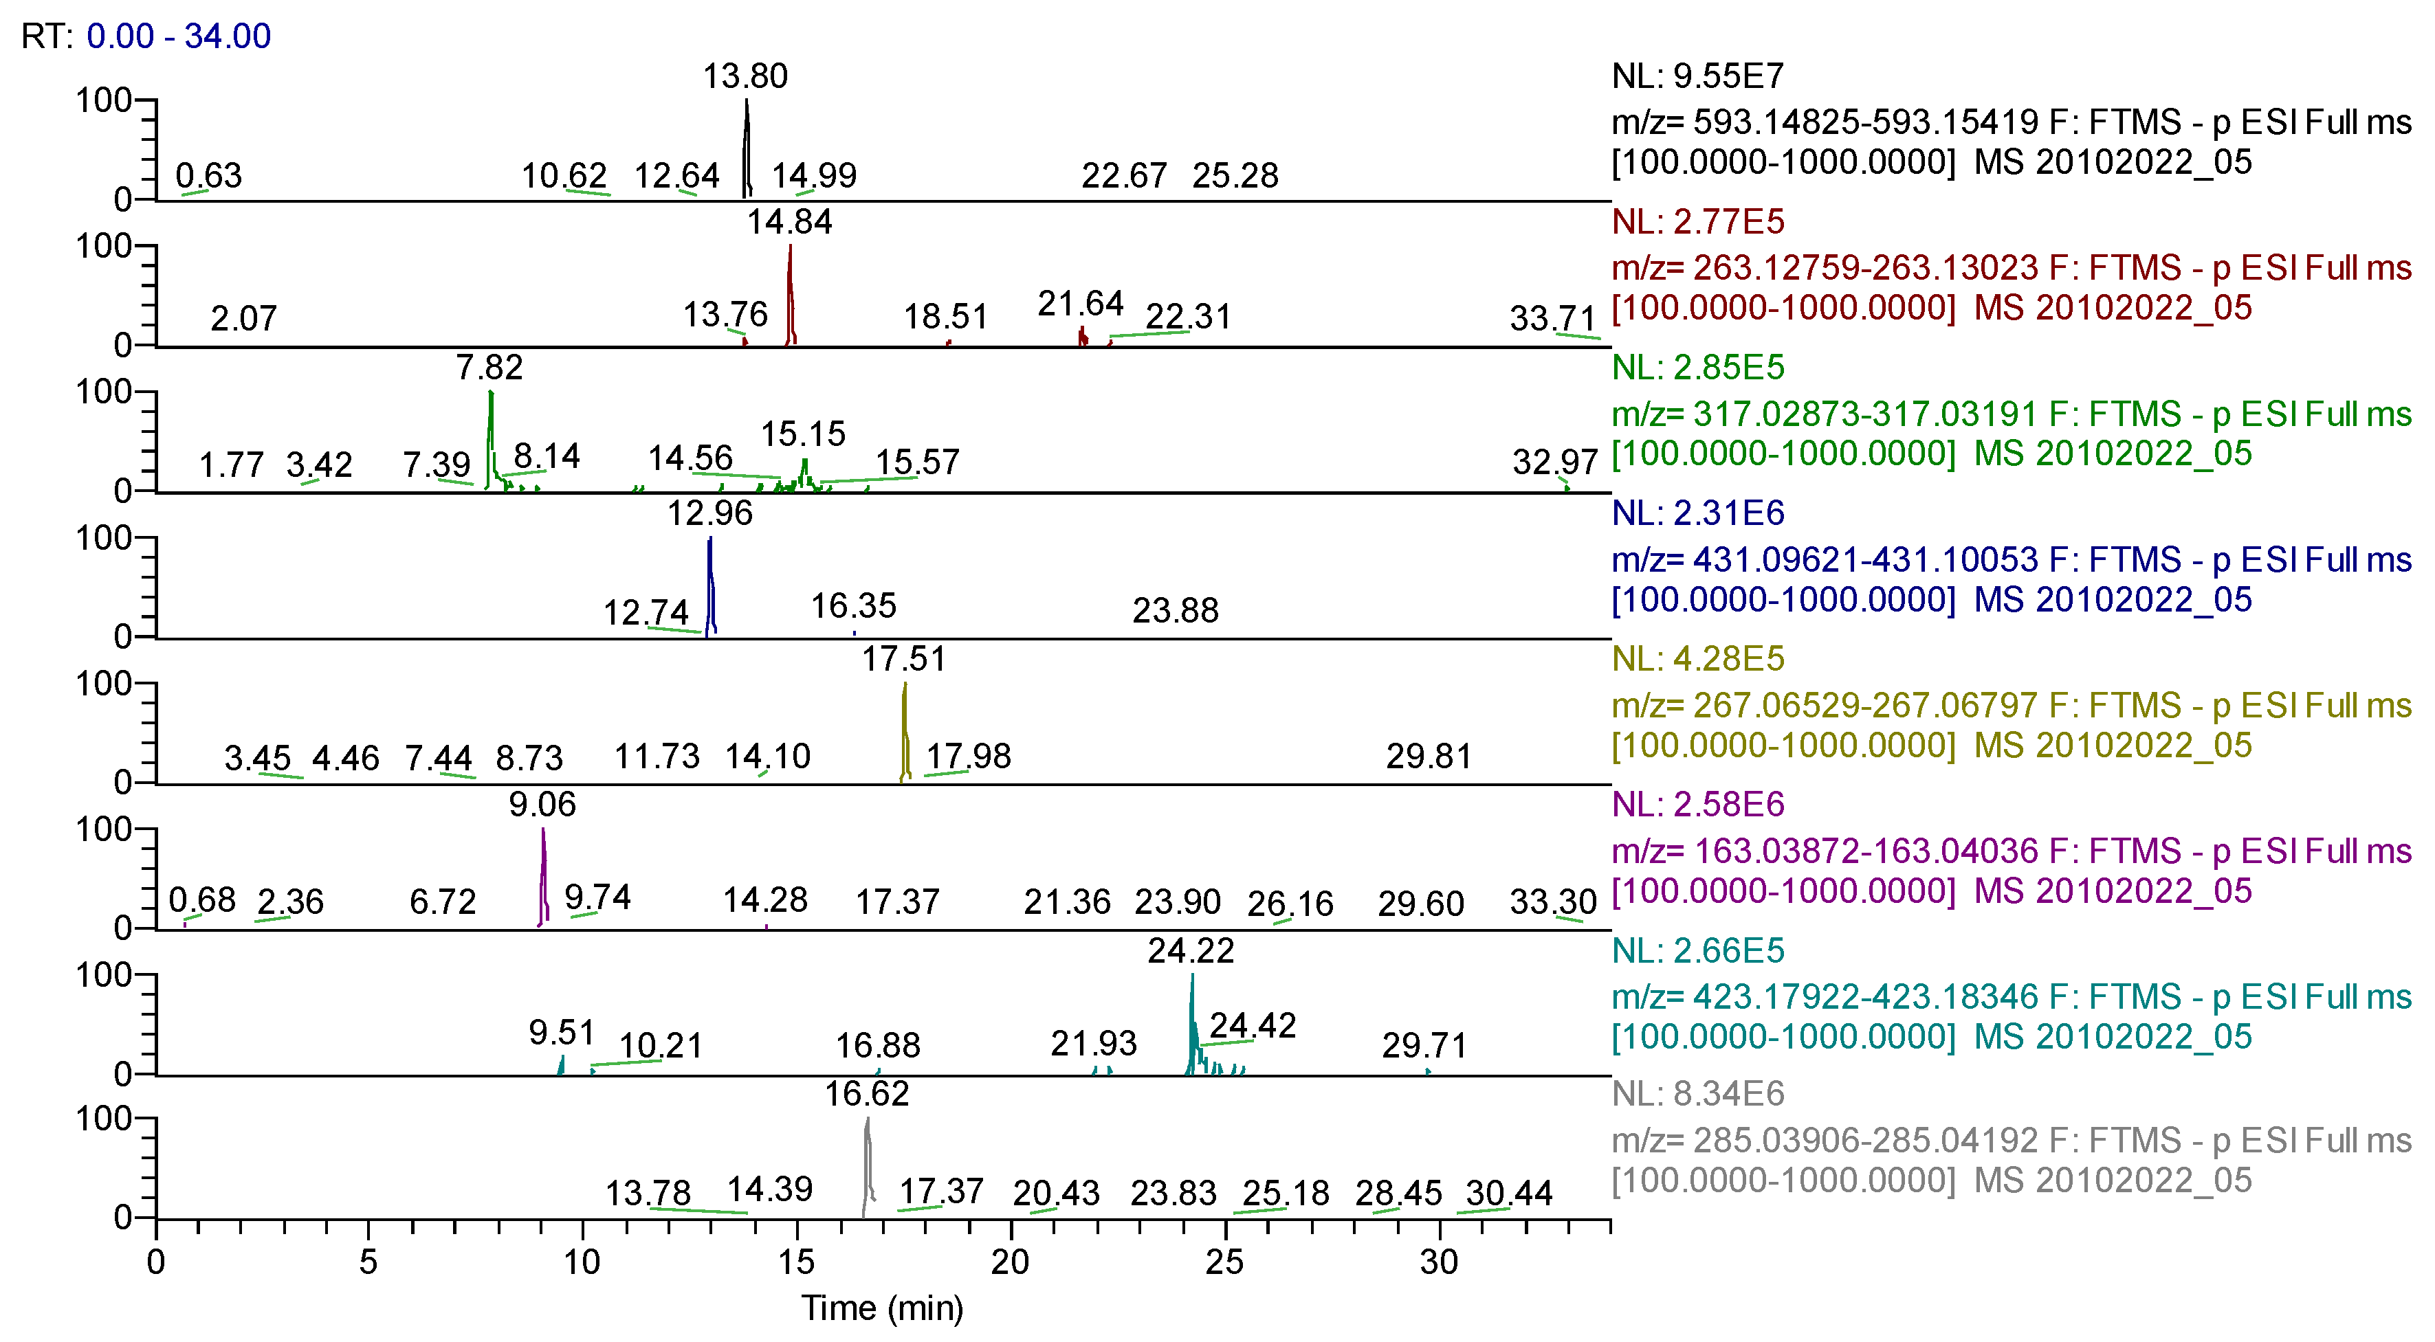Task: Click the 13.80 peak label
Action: pyautogui.click(x=745, y=76)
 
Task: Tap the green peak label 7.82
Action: pyautogui.click(x=489, y=367)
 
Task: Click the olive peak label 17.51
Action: pyautogui.click(x=903, y=659)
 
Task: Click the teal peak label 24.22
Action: pyautogui.click(x=1190, y=950)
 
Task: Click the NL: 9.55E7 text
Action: pyautogui.click(x=1697, y=76)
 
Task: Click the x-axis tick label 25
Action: pyautogui.click(x=1224, y=1262)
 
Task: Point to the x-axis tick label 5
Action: pyautogui.click(x=368, y=1262)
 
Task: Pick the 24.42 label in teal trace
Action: pyautogui.click(x=1253, y=1025)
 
